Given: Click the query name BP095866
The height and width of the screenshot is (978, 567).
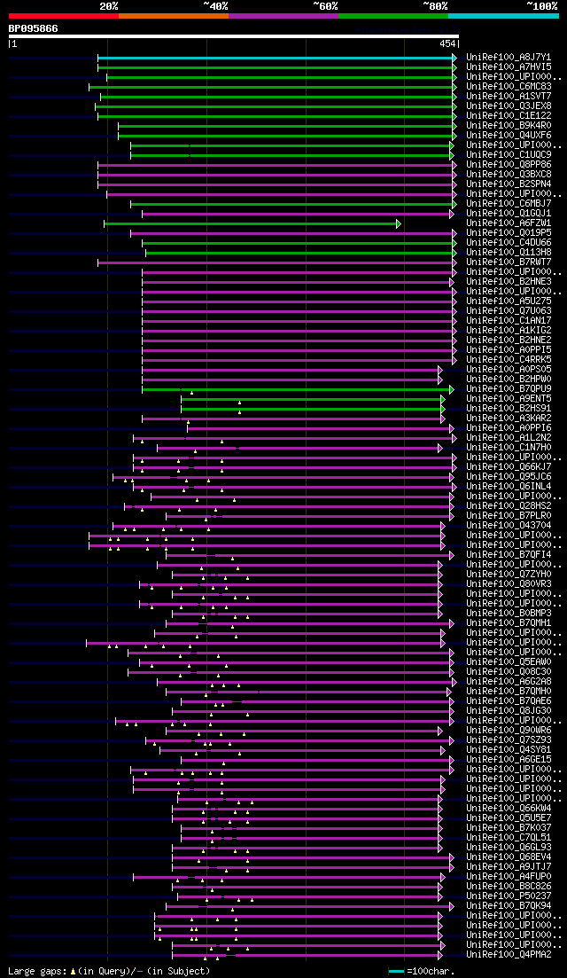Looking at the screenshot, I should pos(33,28).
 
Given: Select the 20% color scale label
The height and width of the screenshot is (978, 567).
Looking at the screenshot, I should pos(108,6).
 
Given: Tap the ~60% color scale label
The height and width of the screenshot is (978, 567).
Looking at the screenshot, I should pos(325,6).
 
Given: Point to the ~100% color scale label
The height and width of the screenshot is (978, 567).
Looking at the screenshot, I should pos(541,6).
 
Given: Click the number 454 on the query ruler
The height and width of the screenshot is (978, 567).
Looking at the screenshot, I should pos(447,43).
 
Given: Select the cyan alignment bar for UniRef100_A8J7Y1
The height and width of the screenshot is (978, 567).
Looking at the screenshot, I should pos(275,57).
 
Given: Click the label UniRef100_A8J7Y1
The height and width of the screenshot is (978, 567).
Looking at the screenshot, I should pos(509,57).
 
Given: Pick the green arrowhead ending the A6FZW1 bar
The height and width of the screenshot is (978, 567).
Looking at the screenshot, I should pos(399,223).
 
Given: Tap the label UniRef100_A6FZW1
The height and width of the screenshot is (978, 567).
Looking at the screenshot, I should pos(509,223).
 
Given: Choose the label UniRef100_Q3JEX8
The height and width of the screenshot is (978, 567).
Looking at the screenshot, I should pos(509,106).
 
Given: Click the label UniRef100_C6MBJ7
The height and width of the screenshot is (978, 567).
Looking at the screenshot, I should pos(509,204).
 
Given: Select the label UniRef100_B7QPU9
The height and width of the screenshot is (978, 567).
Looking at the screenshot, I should pos(509,388).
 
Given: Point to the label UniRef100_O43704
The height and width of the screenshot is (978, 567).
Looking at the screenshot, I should pos(509,526).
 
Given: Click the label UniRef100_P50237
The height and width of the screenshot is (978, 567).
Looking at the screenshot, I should pos(509,896).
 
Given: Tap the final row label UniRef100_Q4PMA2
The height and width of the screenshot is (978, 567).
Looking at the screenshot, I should pos(509,954).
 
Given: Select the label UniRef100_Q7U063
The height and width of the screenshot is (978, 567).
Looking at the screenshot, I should pos(509,311).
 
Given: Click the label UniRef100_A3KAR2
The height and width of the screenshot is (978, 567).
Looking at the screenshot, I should pos(509,418).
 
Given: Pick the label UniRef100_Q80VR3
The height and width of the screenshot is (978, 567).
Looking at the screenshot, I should pos(509,584).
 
